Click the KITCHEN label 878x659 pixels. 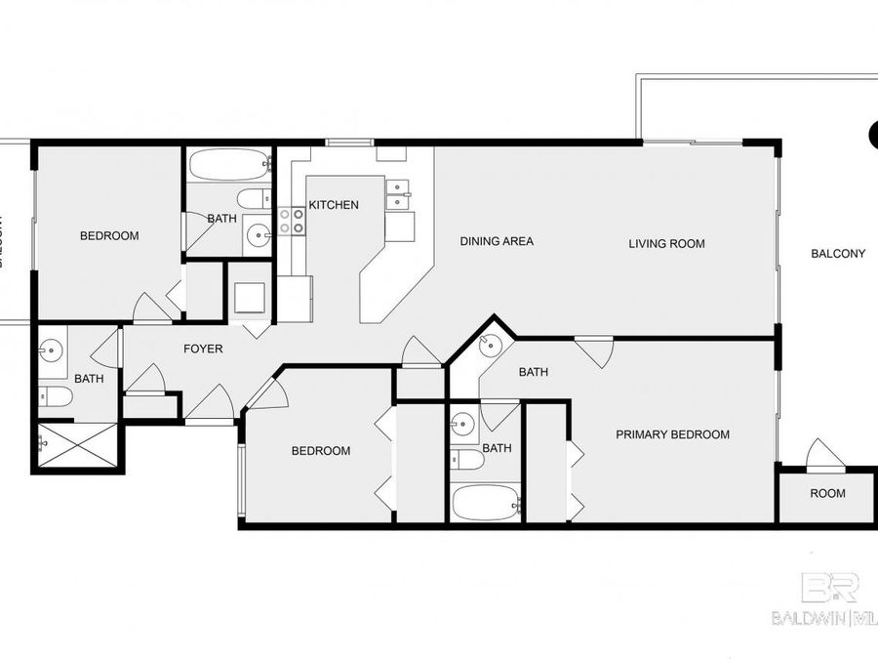334,205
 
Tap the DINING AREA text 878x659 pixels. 497,241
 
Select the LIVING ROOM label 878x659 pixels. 666,243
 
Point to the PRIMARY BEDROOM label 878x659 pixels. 672,434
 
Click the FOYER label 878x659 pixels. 204,349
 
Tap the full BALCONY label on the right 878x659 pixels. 838,254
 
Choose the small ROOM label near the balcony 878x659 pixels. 827,493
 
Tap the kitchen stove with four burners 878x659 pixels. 292,221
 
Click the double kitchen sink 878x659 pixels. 398,195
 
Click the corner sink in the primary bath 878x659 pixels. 491,344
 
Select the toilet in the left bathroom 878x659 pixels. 56,395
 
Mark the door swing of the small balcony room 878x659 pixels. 824,454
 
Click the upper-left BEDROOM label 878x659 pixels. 109,235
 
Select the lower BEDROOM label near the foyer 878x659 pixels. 321,450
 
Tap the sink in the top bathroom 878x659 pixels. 259,233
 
